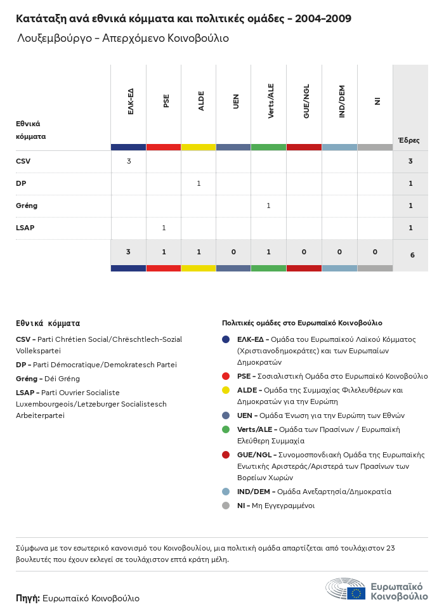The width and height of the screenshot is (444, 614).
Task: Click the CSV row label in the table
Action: [23, 161]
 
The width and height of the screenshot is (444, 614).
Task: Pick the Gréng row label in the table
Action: [26, 206]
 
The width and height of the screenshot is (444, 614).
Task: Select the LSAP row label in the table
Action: [25, 228]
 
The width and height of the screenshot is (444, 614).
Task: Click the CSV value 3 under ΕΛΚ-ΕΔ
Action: [129, 161]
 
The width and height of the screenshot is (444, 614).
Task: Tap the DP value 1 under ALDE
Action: [199, 183]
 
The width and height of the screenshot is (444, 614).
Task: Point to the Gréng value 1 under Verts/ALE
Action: [268, 206]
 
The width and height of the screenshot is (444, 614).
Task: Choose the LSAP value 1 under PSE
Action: [164, 228]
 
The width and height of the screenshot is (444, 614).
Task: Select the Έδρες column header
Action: [408, 140]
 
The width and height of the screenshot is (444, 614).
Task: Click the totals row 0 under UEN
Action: [233, 252]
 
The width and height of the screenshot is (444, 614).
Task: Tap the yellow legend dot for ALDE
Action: [226, 390]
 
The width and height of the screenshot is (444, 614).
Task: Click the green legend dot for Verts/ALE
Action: [226, 429]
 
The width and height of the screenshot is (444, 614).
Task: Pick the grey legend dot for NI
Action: [226, 506]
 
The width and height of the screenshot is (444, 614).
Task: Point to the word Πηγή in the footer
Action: [28, 598]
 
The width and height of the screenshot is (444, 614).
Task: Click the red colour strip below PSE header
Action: [164, 147]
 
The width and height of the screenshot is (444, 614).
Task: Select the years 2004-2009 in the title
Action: [323, 18]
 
